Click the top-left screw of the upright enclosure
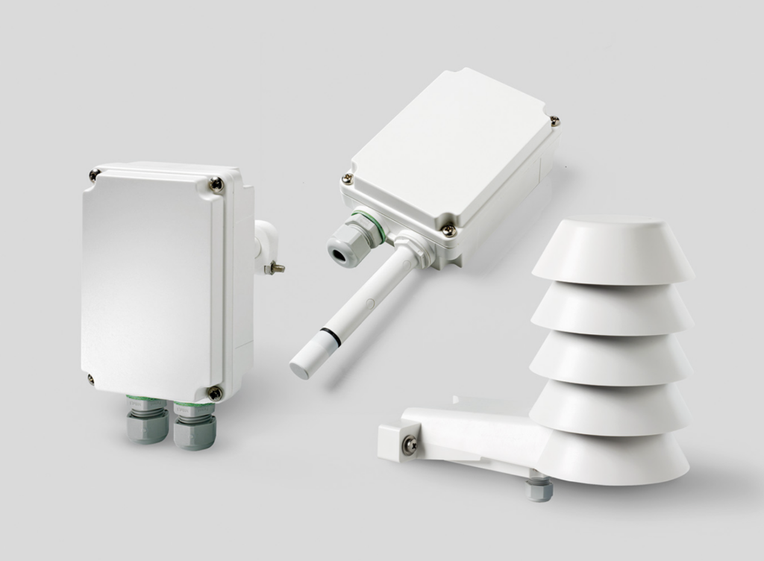95,175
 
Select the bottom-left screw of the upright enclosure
90,379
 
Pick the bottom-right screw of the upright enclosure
214,392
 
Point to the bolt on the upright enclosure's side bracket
277,266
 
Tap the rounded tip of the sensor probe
301,368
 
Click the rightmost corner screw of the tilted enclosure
554,119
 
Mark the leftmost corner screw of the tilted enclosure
347,179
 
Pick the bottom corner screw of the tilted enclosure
449,231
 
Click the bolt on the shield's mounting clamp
410,445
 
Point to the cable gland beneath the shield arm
538,489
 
